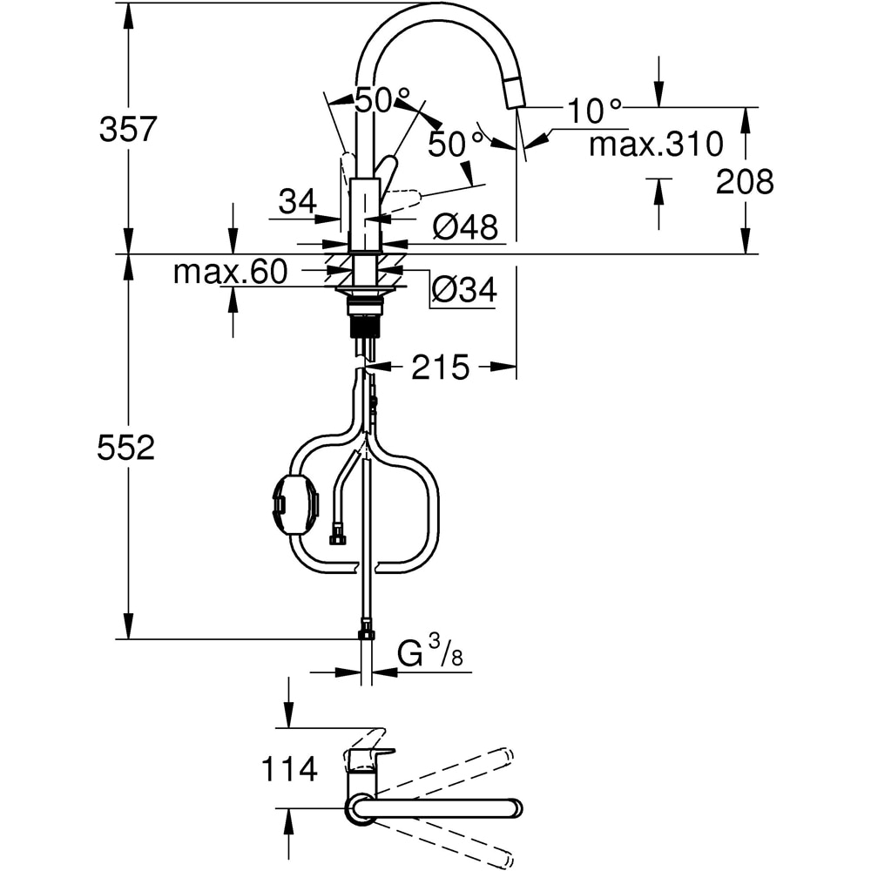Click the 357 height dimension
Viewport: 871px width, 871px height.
click(x=127, y=130)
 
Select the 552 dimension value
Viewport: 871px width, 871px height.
click(x=127, y=448)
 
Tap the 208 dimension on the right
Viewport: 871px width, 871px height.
click(x=745, y=182)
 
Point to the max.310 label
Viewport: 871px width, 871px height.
click(x=656, y=144)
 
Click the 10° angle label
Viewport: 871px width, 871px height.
click(x=595, y=111)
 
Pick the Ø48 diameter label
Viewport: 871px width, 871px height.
click(x=465, y=228)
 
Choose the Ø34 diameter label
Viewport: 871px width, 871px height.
click(x=464, y=290)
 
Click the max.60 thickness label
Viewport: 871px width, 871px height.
click(x=230, y=273)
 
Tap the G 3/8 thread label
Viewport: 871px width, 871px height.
click(x=429, y=654)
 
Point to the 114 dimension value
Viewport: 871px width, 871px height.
click(x=288, y=769)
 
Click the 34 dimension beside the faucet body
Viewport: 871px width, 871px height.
click(x=297, y=202)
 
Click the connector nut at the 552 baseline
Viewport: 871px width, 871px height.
click(x=367, y=631)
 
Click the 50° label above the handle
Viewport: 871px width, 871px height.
click(x=381, y=100)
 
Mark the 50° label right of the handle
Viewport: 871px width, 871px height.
click(x=455, y=144)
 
